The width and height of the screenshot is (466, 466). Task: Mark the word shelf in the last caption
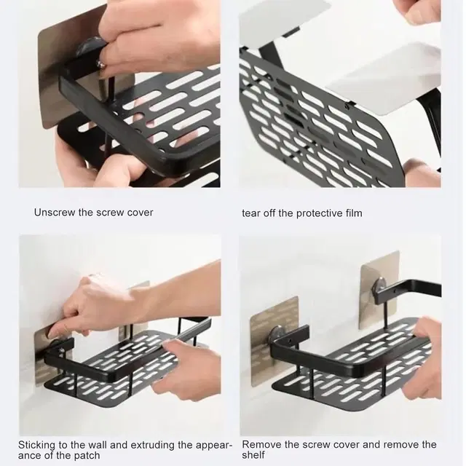[x=253, y=454]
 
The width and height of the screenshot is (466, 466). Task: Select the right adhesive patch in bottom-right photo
[x=379, y=290]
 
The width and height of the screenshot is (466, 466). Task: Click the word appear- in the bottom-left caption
[x=214, y=446]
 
